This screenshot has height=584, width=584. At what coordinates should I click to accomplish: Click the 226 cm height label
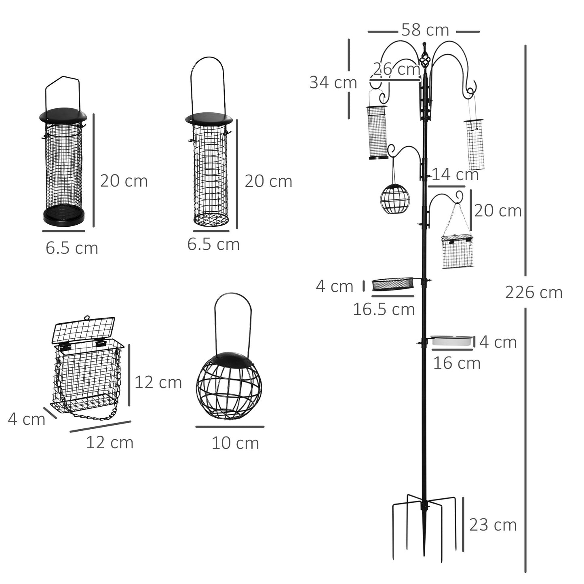pos(533,292)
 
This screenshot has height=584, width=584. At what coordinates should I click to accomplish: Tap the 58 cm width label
pos(425,30)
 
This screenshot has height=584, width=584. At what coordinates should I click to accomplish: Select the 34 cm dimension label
pos(333,82)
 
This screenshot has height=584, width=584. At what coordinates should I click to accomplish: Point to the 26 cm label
pos(396,69)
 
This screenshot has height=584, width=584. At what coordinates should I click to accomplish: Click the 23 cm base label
pos(493,525)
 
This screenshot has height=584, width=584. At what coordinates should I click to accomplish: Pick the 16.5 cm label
pos(384,310)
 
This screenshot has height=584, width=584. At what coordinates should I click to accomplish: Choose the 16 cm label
pos(457,363)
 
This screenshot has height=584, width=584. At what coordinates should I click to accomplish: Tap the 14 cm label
pos(455,175)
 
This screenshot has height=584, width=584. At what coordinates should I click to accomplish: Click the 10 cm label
pos(235,443)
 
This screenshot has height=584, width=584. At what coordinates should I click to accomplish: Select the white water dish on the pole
pos(451,340)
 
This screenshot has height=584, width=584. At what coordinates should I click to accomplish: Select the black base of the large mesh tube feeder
pos(64,216)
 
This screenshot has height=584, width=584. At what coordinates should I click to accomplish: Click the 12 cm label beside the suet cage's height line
pos(158,382)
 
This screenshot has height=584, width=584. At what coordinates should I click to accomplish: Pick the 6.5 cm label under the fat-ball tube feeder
pos(213,244)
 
